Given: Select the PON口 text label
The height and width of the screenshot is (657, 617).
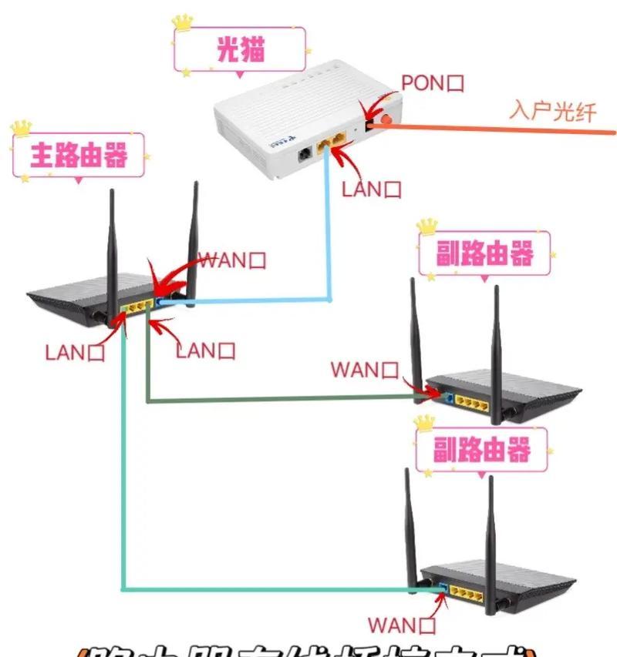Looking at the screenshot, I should point(433,83).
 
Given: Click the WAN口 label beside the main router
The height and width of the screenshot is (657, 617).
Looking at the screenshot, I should point(233,260).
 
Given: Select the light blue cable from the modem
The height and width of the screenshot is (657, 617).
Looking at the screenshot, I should point(330,231).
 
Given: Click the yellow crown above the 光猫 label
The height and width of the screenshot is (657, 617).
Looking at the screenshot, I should point(183,21).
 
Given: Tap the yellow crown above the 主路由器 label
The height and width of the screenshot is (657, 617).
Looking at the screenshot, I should point(21,126).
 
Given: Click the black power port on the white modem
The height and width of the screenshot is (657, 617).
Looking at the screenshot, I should point(305,153).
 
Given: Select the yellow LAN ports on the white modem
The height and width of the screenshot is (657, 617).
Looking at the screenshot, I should point(334,143).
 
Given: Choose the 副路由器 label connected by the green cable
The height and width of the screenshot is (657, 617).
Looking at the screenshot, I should point(484,254).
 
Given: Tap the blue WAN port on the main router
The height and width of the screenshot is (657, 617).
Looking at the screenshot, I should point(160,301).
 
